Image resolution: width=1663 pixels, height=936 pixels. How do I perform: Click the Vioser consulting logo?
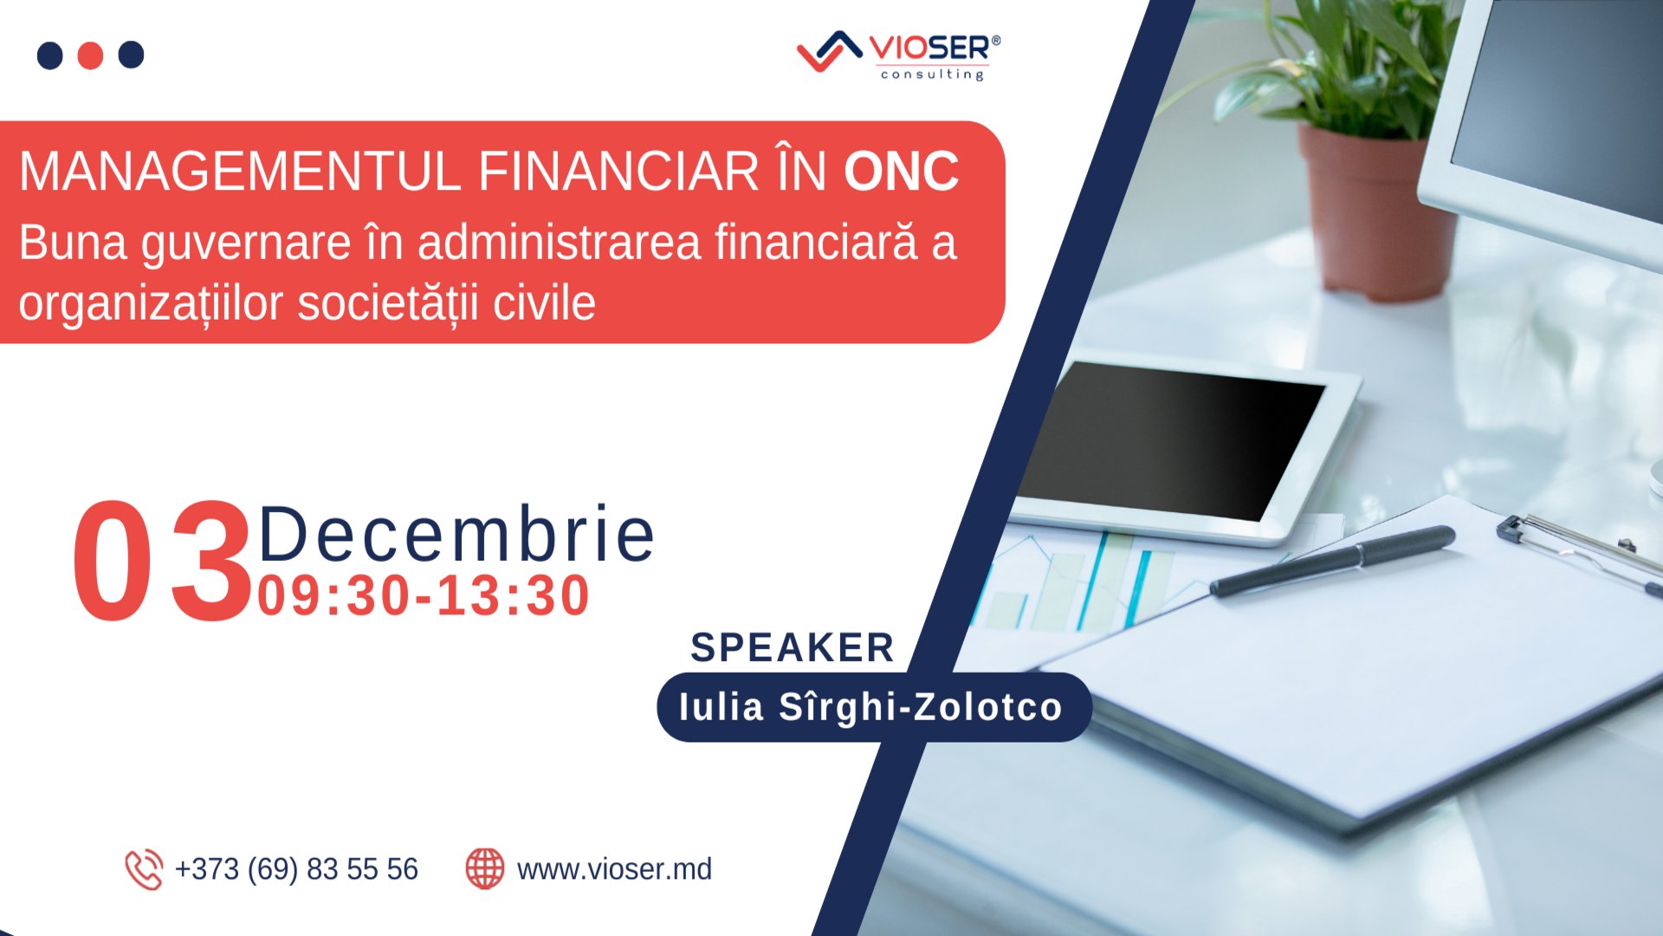898,55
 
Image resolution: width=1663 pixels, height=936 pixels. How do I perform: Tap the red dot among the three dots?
90,55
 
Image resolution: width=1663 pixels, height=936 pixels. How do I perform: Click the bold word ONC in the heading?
901,172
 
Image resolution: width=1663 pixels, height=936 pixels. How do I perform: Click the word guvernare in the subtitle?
246,244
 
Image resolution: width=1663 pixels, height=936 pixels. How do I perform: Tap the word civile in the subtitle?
544,304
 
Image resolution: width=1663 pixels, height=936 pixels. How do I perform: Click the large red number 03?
161,562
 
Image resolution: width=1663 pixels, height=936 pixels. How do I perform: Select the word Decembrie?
456,535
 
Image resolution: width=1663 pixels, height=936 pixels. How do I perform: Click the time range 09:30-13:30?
424,596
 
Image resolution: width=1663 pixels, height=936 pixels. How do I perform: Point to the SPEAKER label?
792,648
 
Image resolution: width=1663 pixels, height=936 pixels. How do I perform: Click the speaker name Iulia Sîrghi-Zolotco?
870,707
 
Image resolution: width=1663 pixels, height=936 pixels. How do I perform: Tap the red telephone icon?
144,869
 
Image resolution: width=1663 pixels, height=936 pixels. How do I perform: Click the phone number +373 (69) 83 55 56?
296,869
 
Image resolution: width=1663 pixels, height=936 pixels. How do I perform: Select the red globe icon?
485,868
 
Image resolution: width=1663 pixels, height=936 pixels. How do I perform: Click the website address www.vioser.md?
614,869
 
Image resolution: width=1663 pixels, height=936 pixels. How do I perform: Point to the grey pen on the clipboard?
1334,561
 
